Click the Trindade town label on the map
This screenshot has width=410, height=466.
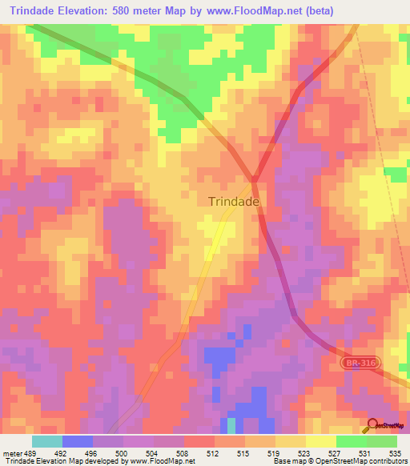[x=234, y=202]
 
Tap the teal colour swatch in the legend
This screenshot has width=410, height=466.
[x=47, y=440]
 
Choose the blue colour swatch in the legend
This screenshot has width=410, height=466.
[x=78, y=440]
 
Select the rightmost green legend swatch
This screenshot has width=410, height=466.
[x=382, y=440]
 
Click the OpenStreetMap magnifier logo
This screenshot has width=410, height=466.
[x=372, y=424]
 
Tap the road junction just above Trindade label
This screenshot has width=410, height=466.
[x=255, y=178]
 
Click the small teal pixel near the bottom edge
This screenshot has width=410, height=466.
[x=231, y=424]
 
